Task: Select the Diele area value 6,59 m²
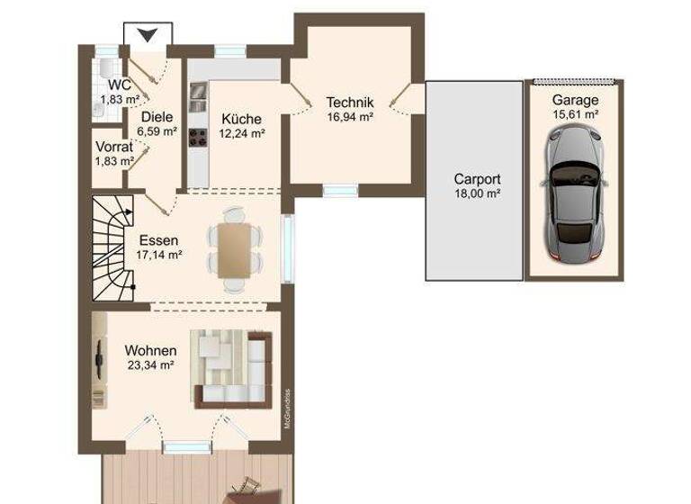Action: (x=157, y=130)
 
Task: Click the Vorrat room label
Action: (x=114, y=147)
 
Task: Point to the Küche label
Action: (x=240, y=119)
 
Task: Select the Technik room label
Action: (x=350, y=102)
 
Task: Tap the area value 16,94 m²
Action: (x=350, y=116)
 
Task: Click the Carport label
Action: (x=477, y=178)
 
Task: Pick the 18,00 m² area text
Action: (x=477, y=193)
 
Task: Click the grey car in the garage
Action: (x=575, y=193)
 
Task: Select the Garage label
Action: (x=575, y=100)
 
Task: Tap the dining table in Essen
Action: (x=233, y=249)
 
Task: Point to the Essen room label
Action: (x=157, y=240)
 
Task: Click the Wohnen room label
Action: (x=150, y=350)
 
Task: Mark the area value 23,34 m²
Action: (x=150, y=364)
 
